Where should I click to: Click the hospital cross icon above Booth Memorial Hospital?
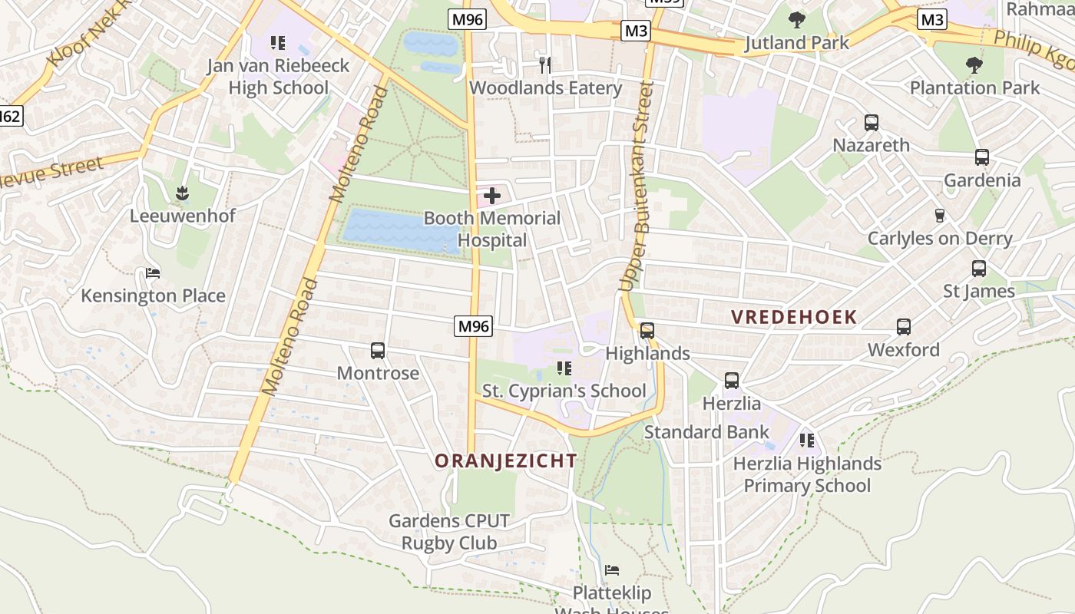pos(492,196)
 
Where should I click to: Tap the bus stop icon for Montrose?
pos(378,351)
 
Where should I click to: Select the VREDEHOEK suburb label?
pos(793,317)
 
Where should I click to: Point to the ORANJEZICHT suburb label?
pos(505,460)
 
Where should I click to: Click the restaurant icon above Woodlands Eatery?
pos(545,64)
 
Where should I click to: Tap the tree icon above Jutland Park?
pos(796,19)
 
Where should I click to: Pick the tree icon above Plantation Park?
pos(974,64)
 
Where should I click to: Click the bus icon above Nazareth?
pos(871,122)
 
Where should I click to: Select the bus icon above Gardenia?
pos(981,157)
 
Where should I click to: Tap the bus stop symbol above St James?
pos(978,269)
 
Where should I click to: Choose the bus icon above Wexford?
pos(903,327)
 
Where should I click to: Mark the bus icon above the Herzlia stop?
pos(731,381)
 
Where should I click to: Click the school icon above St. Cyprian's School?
pos(564,368)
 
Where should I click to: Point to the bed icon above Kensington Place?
pos(153,273)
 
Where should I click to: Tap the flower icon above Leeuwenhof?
pos(182,192)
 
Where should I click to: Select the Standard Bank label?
pos(706,432)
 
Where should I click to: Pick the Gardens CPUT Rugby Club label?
pos(449,532)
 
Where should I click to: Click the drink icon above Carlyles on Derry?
pos(939,216)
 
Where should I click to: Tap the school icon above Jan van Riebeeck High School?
pos(278,43)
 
